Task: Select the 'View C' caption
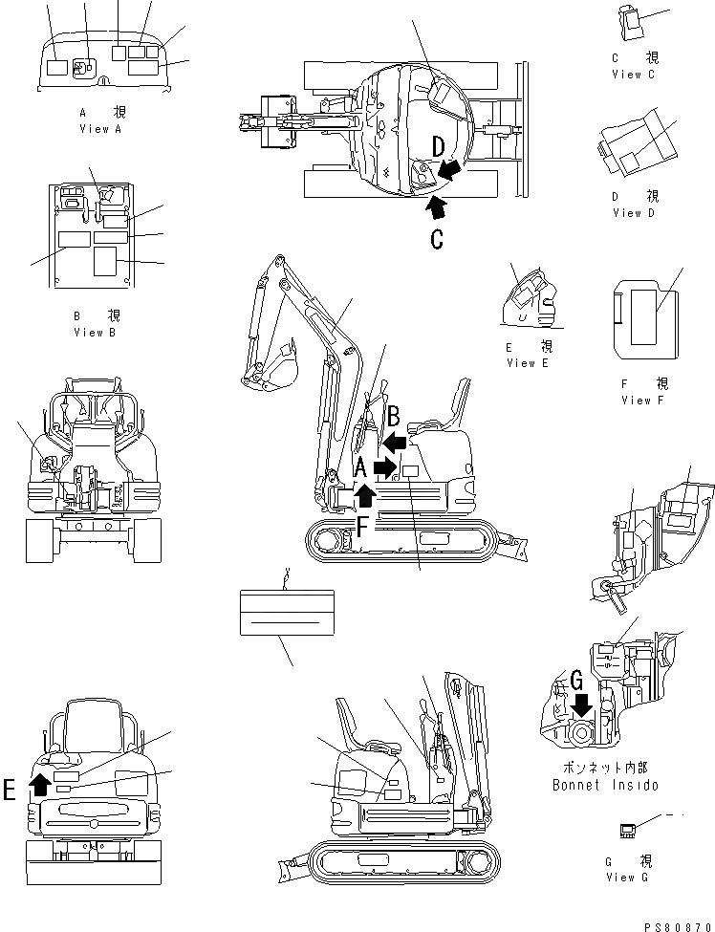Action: click(x=633, y=75)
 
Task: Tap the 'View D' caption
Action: click(x=633, y=213)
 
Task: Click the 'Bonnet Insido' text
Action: click(x=605, y=785)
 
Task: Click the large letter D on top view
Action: click(x=437, y=148)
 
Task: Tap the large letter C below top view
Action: click(x=436, y=238)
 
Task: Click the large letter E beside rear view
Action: click(x=11, y=789)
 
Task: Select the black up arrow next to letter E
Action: click(x=39, y=785)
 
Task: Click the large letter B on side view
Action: click(x=393, y=417)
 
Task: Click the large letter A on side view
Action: click(x=360, y=467)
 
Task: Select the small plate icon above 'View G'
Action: click(x=628, y=830)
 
